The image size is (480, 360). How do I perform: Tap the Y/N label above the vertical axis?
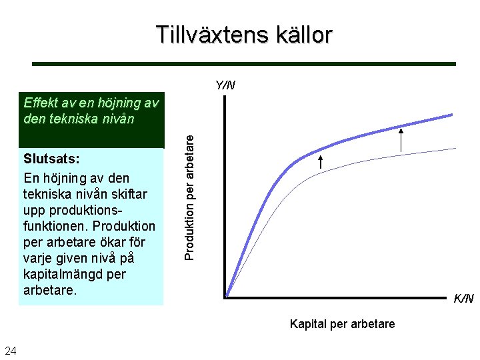coord(225,85)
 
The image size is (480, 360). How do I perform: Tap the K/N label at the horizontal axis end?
coord(463,298)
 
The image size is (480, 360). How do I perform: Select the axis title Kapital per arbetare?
coord(342,324)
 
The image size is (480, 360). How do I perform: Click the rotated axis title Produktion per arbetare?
coord(189,194)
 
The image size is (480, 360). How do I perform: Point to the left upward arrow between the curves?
coord(320,161)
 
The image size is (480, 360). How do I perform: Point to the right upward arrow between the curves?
coord(401,140)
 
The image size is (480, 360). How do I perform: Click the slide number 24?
coord(11,351)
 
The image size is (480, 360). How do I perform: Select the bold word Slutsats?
coord(51,162)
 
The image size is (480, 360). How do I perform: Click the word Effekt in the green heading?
coord(41,103)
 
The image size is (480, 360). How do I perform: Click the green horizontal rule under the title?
coord(244,64)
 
